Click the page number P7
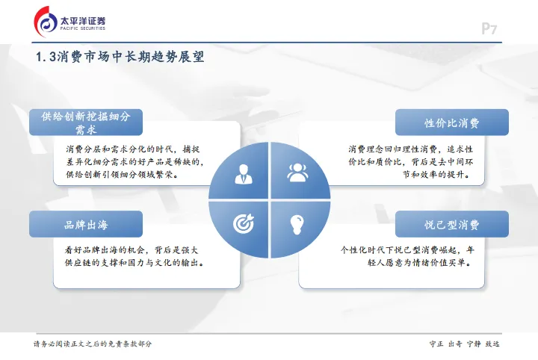click(x=489, y=29)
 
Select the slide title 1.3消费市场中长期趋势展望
click(x=120, y=58)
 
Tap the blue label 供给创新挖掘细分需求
click(x=86, y=122)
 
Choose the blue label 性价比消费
click(x=452, y=122)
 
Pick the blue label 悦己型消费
click(x=452, y=224)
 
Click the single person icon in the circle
click(x=244, y=173)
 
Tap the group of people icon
click(x=297, y=173)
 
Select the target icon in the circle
click(x=244, y=223)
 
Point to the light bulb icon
click(x=297, y=223)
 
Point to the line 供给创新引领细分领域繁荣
click(x=121, y=175)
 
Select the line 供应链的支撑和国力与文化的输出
click(x=134, y=263)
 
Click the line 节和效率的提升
click(x=436, y=175)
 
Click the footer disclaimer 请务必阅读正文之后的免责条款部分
click(x=93, y=344)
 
